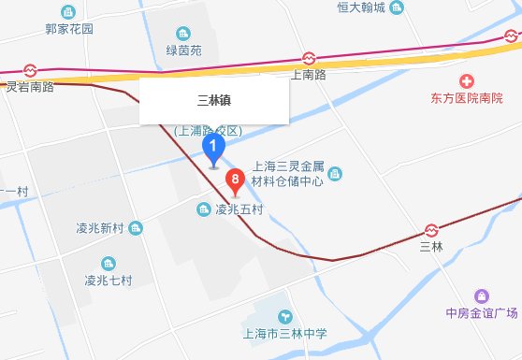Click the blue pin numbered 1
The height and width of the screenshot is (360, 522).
coord(215,149)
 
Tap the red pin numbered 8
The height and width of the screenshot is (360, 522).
coord(237,178)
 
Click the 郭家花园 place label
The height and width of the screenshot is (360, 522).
coord(69,29)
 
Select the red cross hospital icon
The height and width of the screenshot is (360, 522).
coord(467,80)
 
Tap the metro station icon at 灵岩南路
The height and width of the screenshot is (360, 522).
coord(30,70)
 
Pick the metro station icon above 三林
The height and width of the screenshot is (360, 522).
coord(432,229)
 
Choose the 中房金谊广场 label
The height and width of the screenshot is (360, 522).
coord(482,311)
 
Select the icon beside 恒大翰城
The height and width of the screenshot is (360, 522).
coord(397,8)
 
